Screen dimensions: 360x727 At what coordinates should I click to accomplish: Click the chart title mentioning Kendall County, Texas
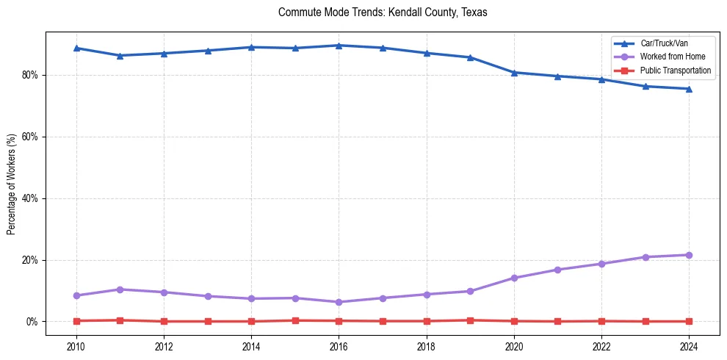(x=383, y=12)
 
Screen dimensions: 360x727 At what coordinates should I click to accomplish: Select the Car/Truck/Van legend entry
(x=664, y=43)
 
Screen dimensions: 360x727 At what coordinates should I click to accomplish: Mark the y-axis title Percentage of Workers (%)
(x=12, y=184)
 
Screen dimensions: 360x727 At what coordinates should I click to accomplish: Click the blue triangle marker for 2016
(x=339, y=46)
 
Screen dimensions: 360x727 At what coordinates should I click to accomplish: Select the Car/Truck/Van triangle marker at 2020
(x=514, y=72)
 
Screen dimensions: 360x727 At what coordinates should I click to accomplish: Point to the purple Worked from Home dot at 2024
(x=689, y=255)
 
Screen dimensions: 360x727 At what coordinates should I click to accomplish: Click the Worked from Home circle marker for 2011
(x=120, y=289)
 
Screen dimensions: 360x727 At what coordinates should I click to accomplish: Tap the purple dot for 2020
(x=514, y=278)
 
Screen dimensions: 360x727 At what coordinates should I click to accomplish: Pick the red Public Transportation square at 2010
(x=76, y=321)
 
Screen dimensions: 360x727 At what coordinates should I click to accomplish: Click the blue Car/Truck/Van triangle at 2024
(x=689, y=89)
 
